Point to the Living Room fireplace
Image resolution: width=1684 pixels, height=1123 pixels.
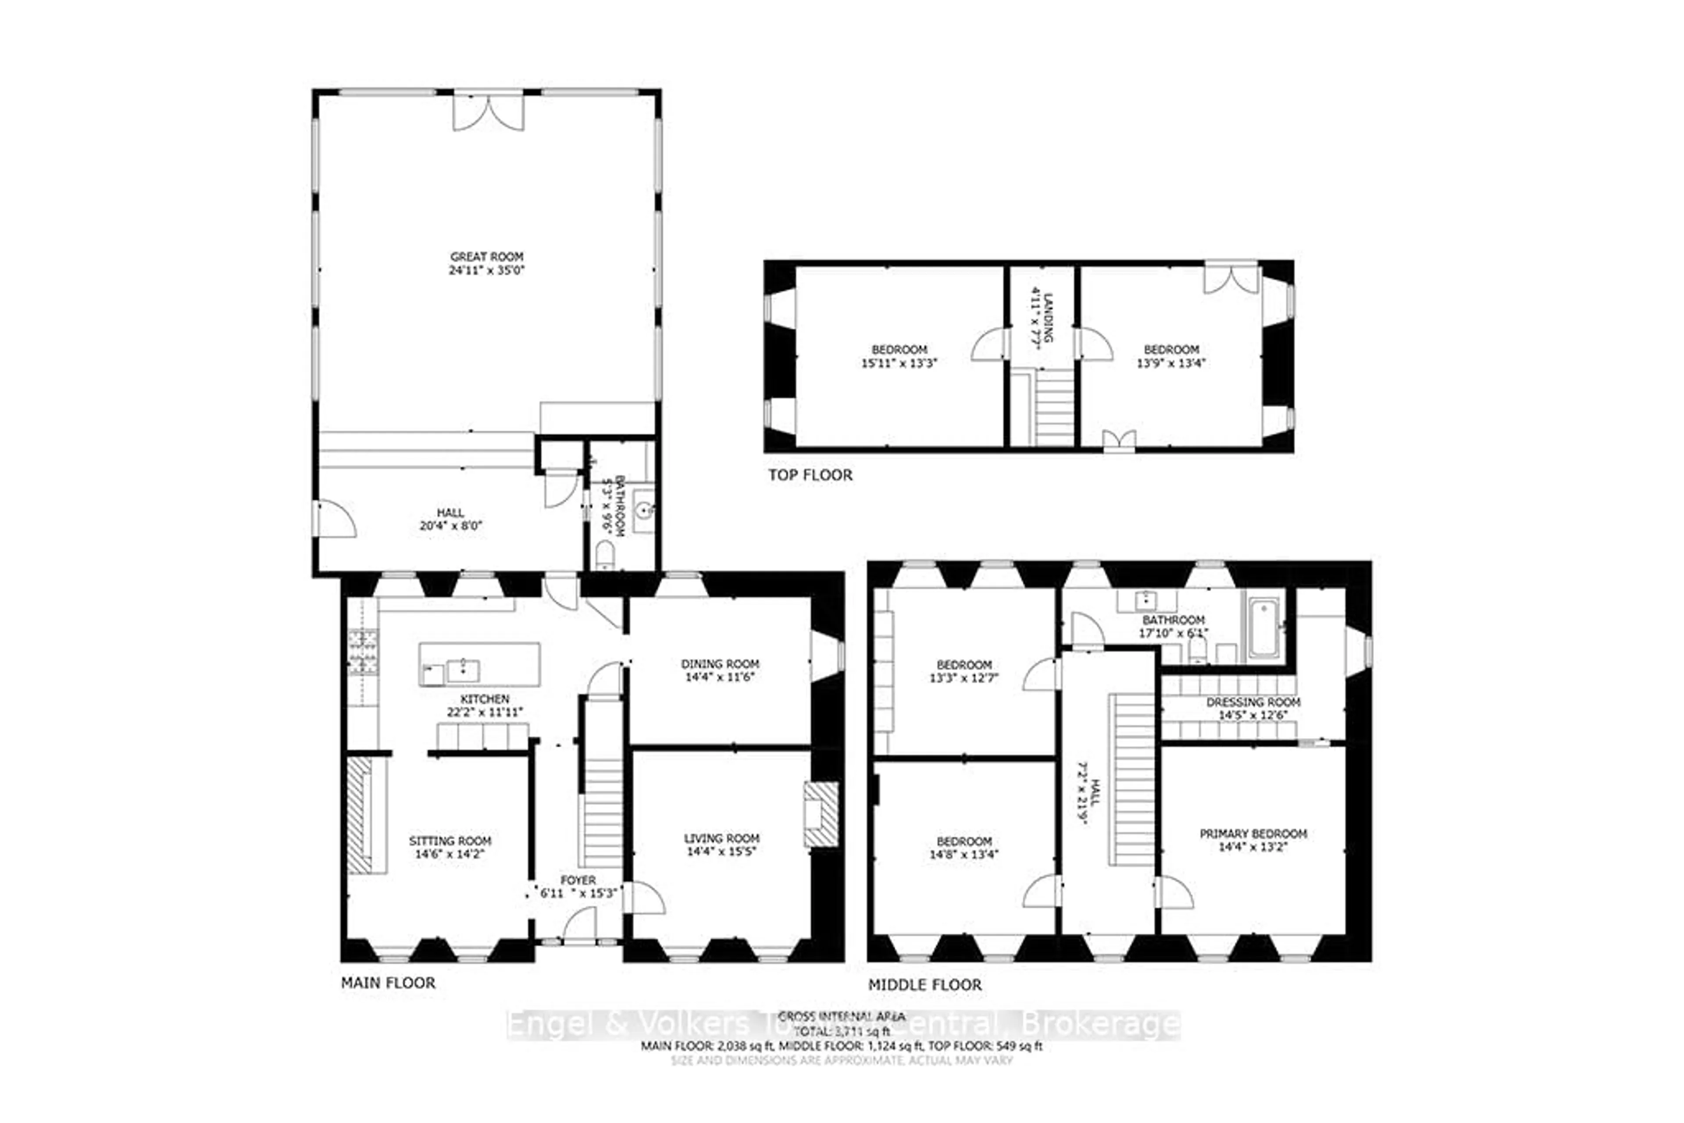pos(820,814)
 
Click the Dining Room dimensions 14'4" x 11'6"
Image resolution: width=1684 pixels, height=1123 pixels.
pos(720,677)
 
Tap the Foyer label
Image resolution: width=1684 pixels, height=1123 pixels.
pos(577,880)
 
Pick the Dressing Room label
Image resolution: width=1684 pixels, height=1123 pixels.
pos(1253,702)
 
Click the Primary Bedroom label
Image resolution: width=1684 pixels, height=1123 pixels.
pos(1253,834)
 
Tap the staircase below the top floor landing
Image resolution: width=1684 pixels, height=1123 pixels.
pos(1054,411)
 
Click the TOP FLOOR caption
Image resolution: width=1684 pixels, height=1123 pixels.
pos(810,475)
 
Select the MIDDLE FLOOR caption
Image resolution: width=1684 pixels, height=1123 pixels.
pos(925,985)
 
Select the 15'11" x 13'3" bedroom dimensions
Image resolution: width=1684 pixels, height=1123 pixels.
pos(899,363)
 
